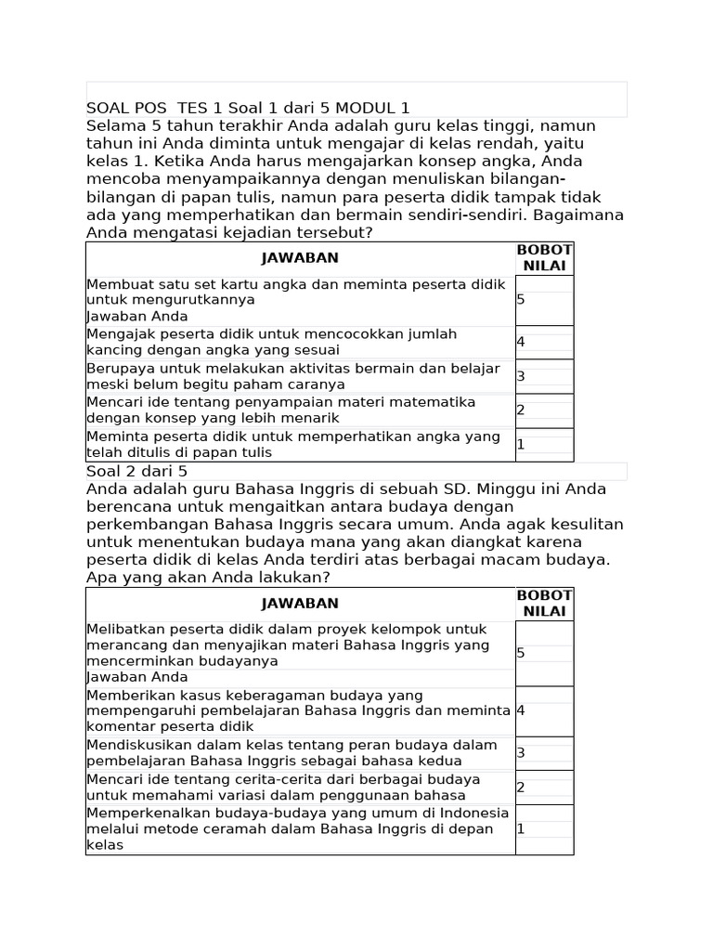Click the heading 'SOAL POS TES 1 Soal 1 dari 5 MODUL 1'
pyautogui.click(x=248, y=108)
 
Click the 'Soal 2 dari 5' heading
pyautogui.click(x=136, y=471)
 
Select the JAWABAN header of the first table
pyautogui.click(x=300, y=257)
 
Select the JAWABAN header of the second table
pyautogui.click(x=300, y=603)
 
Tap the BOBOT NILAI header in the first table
pyautogui.click(x=544, y=258)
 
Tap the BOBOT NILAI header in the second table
pyautogui.click(x=544, y=604)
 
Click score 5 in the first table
pyautogui.click(x=522, y=300)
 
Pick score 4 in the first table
pyautogui.click(x=522, y=342)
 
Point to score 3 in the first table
pyautogui.click(x=522, y=376)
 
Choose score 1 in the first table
pyautogui.click(x=522, y=445)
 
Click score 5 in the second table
pyautogui.click(x=522, y=653)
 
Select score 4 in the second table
pyautogui.click(x=522, y=710)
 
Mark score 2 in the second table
pyautogui.click(x=522, y=788)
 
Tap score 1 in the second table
pyautogui.click(x=522, y=828)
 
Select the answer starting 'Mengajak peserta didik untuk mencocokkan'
pyautogui.click(x=271, y=342)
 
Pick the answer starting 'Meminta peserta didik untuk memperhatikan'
pyautogui.click(x=292, y=444)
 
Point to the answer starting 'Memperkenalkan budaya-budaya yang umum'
pyautogui.click(x=297, y=828)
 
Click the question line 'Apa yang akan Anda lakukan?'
pyautogui.click(x=208, y=578)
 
